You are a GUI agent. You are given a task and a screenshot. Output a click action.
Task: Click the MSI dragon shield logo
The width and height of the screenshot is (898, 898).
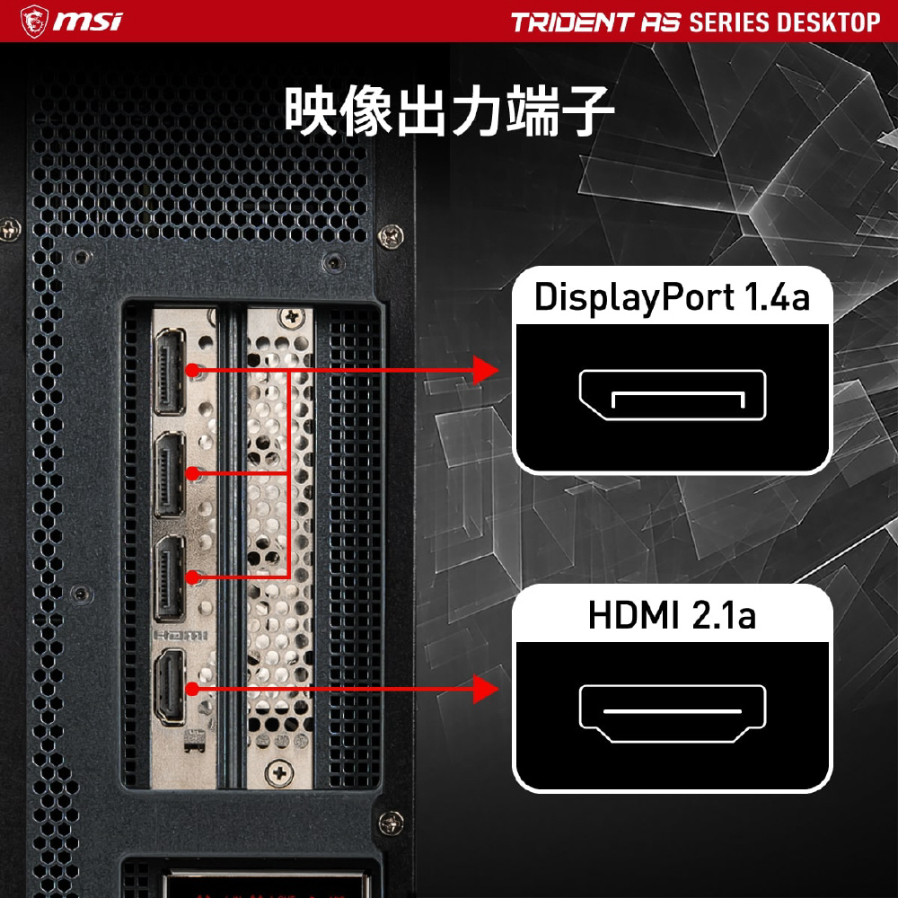[x=34, y=22]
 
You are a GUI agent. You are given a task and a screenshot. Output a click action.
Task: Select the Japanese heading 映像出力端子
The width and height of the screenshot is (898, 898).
[x=449, y=110]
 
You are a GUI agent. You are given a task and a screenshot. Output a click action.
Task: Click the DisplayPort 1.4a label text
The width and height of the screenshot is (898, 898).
[x=672, y=297]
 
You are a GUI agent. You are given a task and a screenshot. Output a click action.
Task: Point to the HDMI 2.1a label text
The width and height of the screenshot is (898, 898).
[x=672, y=615]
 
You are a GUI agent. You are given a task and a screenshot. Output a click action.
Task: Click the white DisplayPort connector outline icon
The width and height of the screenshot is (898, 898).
[x=673, y=395]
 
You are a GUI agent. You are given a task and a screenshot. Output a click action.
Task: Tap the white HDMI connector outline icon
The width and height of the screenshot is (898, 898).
[x=673, y=714]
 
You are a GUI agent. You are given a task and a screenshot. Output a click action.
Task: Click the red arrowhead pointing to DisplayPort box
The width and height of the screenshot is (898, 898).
[x=486, y=370]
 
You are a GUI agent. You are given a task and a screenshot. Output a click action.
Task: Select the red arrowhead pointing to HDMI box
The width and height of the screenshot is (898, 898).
[x=486, y=689]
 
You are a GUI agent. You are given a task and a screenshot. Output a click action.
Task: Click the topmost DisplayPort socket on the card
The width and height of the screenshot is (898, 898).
[x=169, y=371]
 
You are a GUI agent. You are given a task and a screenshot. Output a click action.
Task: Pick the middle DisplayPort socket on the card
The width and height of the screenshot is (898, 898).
[x=169, y=475]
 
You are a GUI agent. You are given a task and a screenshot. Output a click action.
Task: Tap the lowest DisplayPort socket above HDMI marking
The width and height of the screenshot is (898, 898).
[x=169, y=578]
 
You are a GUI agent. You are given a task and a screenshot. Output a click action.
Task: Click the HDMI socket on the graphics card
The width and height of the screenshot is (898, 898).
[x=170, y=687]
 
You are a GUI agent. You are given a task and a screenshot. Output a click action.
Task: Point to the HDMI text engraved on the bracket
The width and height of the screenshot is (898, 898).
[x=180, y=635]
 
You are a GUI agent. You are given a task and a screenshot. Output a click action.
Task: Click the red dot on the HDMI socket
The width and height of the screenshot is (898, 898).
[x=193, y=689]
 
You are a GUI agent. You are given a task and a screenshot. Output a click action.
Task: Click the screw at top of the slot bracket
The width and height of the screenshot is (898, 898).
[x=292, y=317]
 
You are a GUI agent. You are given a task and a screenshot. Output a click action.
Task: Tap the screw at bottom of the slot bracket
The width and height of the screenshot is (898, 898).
[x=279, y=773]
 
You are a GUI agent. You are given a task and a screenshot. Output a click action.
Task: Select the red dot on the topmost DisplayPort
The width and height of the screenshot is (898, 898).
[x=193, y=370]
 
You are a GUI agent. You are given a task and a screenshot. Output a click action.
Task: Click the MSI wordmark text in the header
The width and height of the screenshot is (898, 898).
[x=88, y=22]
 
